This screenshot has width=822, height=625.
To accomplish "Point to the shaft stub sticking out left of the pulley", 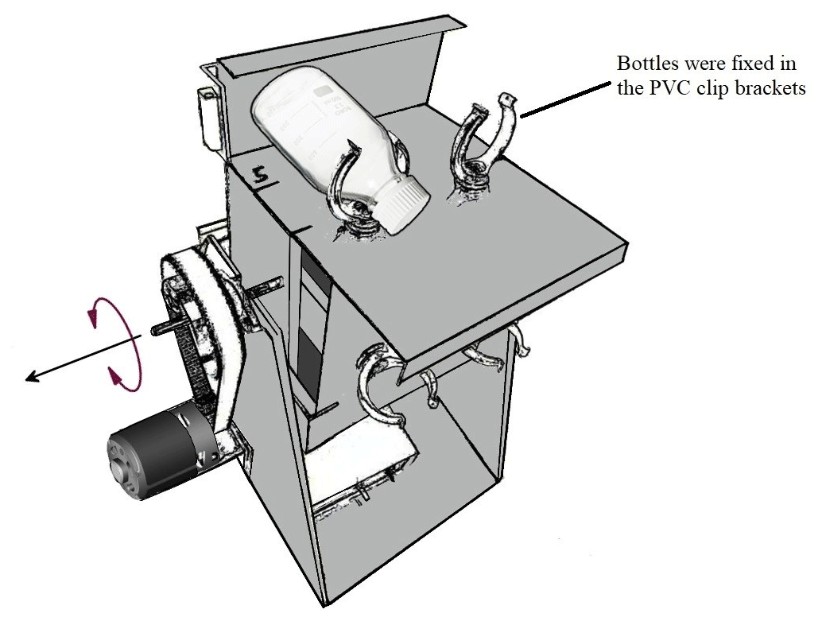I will pos(159,328).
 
